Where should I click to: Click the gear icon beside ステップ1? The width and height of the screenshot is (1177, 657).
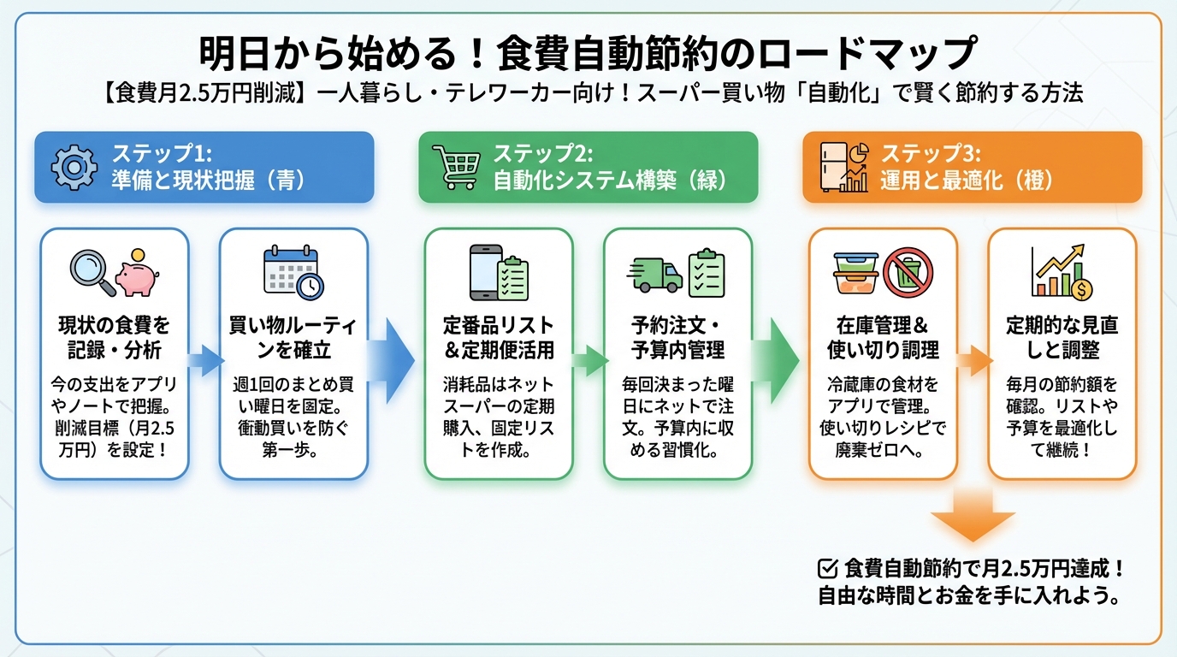(74, 167)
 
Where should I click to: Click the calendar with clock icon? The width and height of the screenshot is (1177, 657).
(293, 270)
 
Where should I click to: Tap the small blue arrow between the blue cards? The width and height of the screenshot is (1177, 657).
(203, 360)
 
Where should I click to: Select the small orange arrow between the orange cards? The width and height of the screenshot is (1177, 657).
(972, 360)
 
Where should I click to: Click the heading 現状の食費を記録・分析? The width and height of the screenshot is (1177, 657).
(114, 338)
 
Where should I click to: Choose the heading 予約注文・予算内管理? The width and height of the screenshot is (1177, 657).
(677, 338)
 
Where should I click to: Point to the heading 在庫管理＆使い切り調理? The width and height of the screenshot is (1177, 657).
(883, 338)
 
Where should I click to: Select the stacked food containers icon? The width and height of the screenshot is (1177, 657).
(856, 272)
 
